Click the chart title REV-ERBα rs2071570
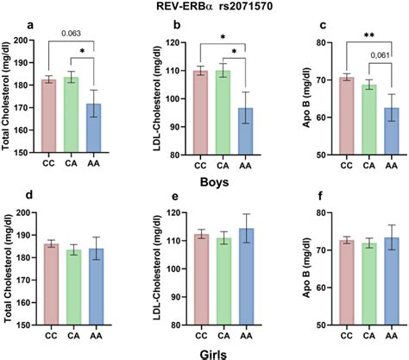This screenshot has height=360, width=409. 204,7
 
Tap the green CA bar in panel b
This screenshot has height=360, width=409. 222,112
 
